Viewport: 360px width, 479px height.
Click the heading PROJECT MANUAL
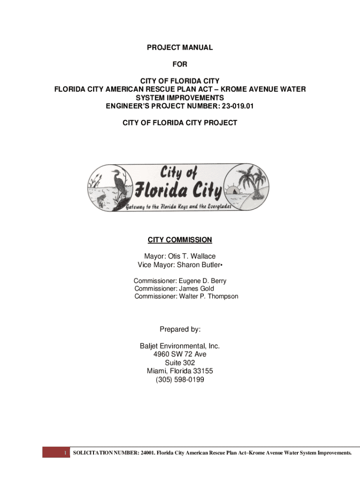(180, 47)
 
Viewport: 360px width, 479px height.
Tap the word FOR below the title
(180, 64)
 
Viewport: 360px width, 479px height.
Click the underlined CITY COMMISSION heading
(180, 240)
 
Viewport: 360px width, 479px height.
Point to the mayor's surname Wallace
(202, 256)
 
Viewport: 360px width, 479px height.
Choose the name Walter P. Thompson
(209, 297)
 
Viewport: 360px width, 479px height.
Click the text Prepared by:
(180, 329)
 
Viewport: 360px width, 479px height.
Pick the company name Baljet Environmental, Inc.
(180, 346)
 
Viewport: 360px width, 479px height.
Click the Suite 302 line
(180, 363)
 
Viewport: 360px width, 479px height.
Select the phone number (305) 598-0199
(180, 380)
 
